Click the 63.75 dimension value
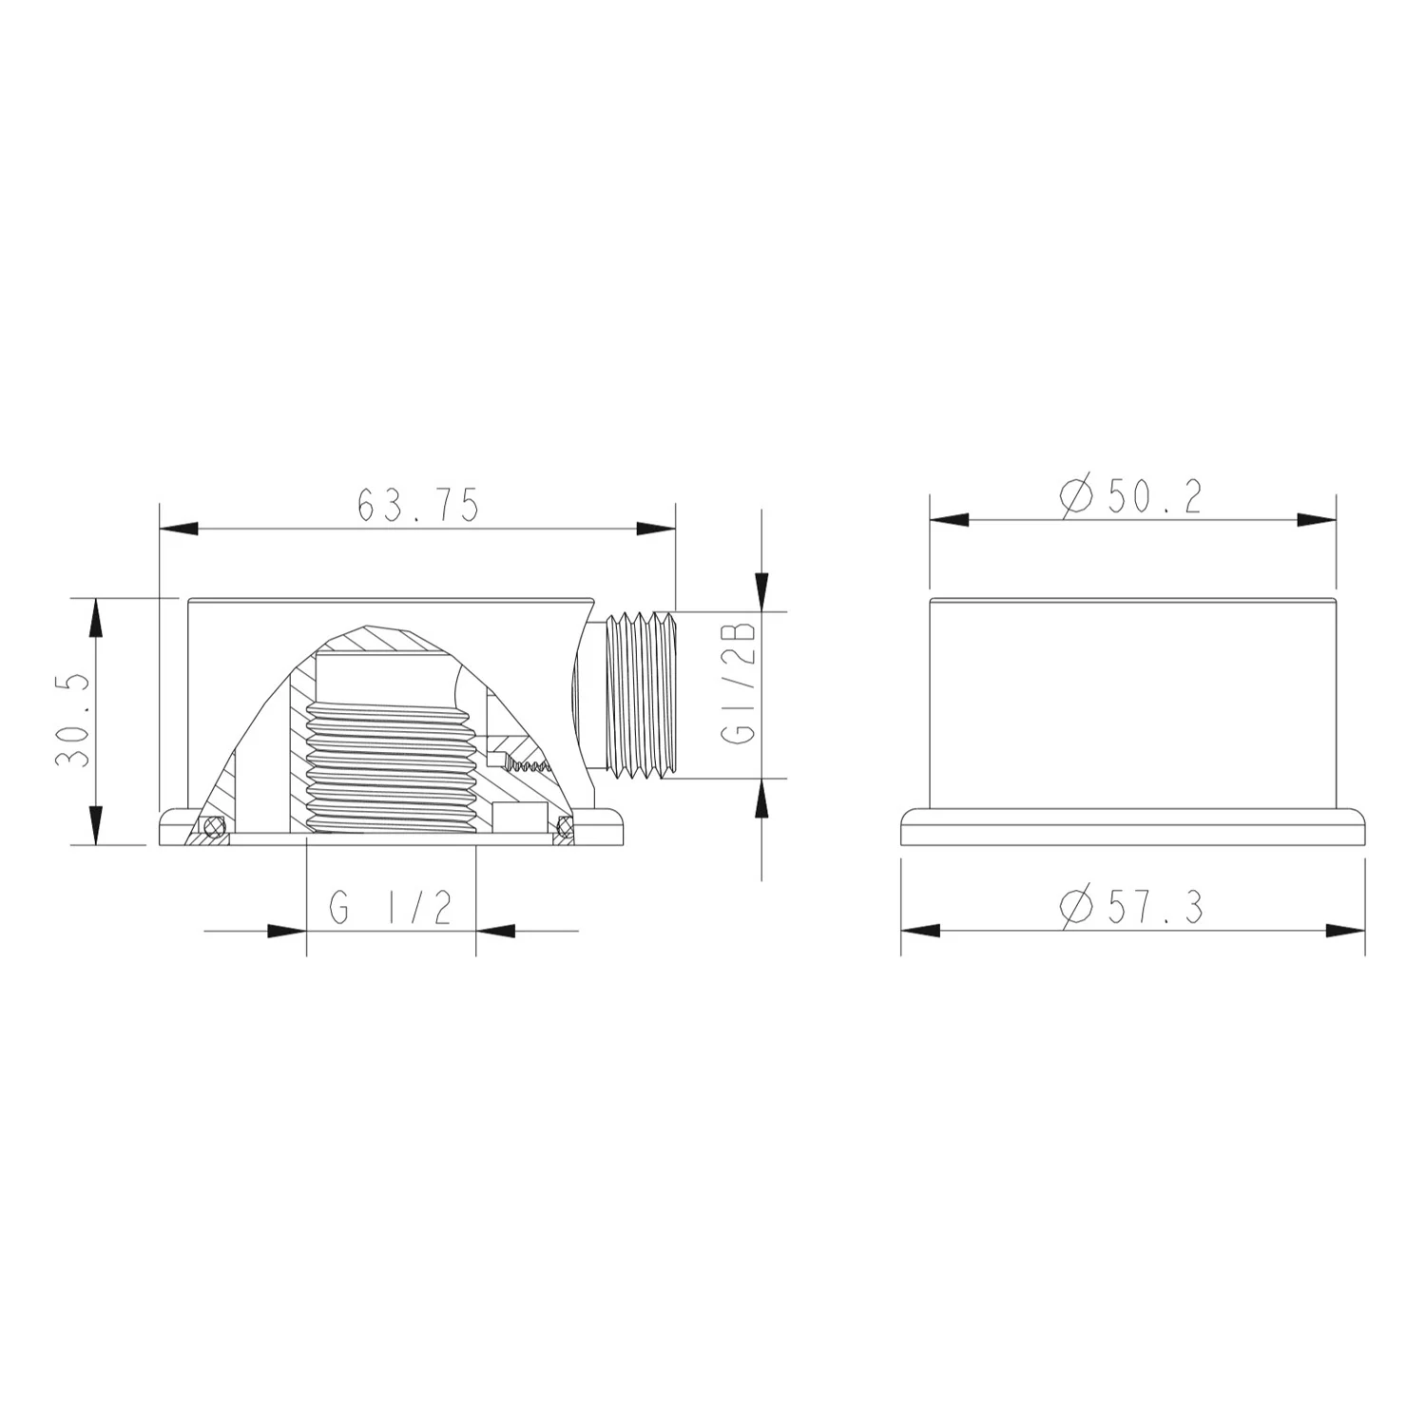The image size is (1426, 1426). [x=417, y=505]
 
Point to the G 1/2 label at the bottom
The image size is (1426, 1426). [x=391, y=909]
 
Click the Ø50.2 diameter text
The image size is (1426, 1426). [x=1130, y=497]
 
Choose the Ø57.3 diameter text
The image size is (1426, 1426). [x=1131, y=908]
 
